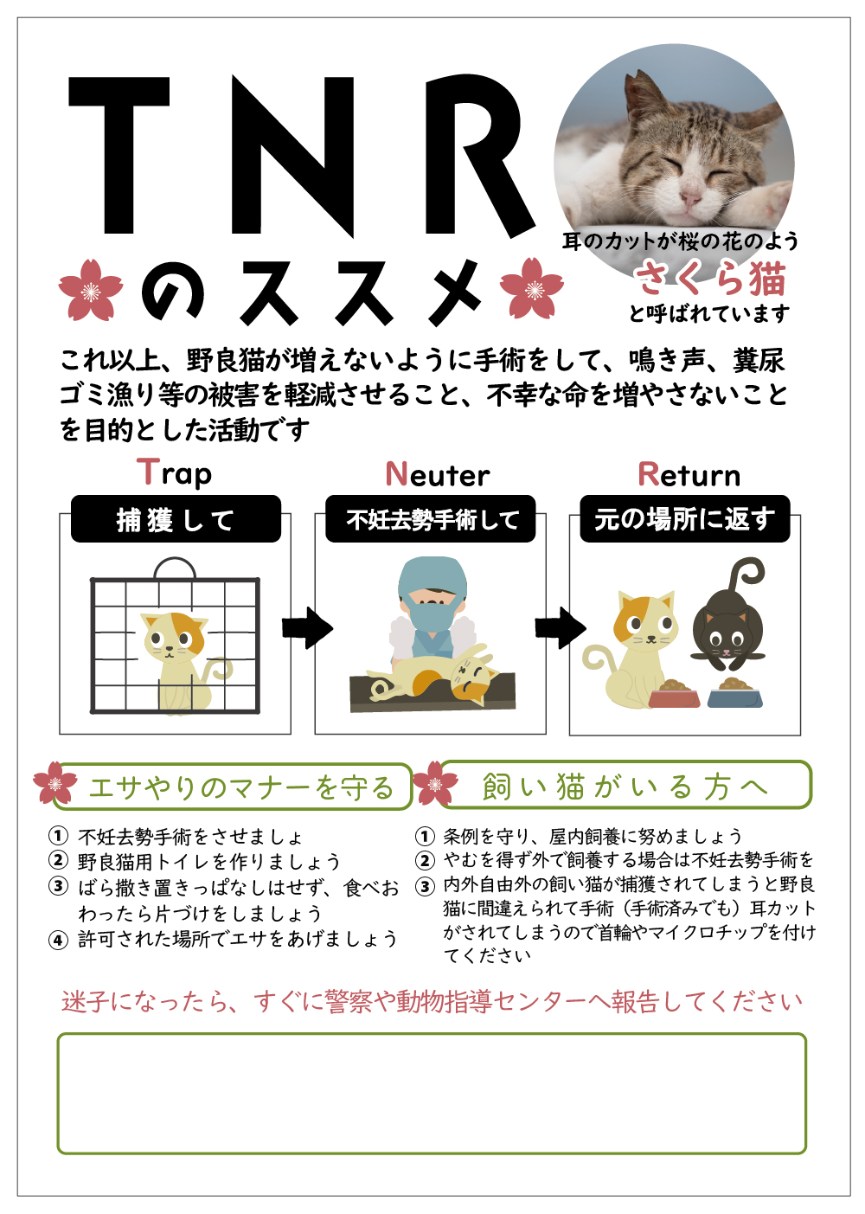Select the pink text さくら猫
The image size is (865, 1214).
pos(709,279)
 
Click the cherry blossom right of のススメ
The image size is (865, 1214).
pos(532,289)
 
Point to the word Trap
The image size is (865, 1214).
pos(175,473)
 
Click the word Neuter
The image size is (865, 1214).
pos(438,474)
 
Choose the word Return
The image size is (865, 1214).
pos(689,474)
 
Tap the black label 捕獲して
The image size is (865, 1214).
pos(176,519)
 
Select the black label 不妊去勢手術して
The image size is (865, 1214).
pos(431,519)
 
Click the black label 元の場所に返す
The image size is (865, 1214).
pos(684,519)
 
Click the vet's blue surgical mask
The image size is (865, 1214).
pos(430,616)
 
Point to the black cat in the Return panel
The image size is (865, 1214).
pos(728,627)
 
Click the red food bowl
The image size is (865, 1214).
pos(674,694)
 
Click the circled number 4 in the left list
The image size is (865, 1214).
pos(58,940)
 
